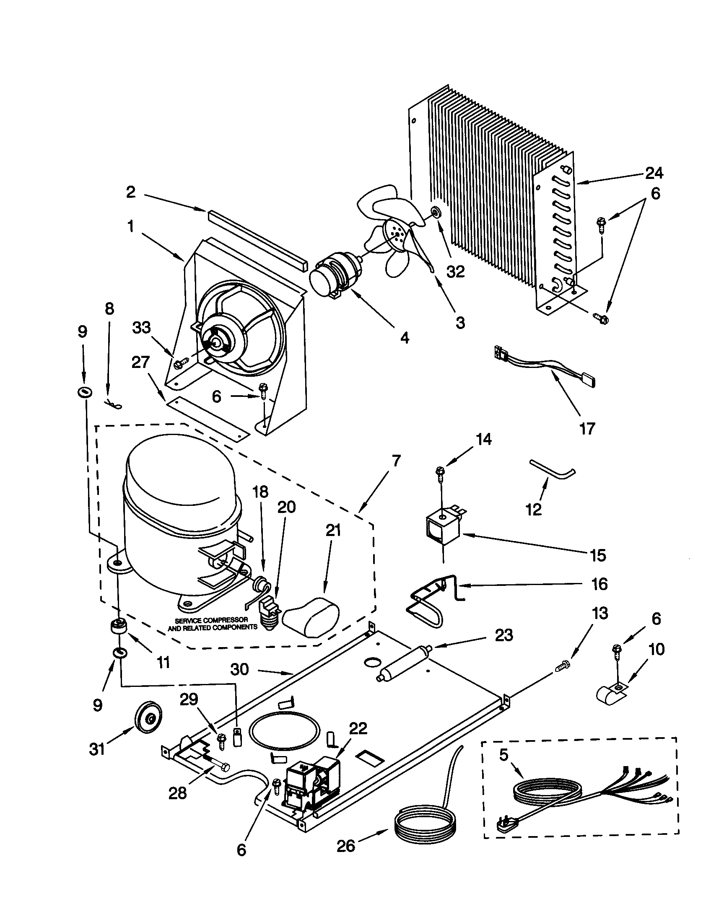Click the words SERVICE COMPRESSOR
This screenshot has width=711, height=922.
click(x=211, y=620)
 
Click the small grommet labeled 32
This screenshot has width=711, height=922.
click(x=434, y=212)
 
